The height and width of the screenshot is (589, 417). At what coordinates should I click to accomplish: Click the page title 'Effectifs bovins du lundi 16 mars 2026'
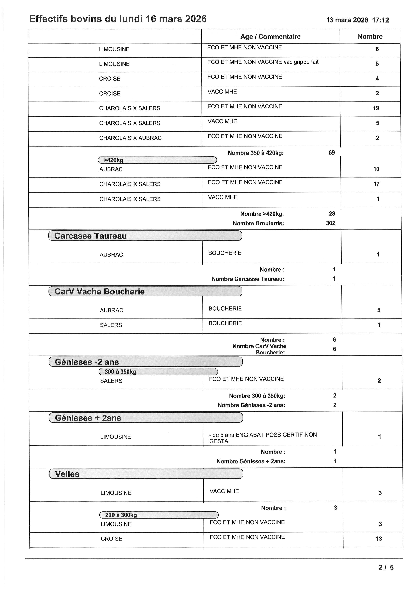(x=118, y=19)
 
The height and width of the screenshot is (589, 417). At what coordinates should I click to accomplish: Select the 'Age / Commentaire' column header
(x=270, y=37)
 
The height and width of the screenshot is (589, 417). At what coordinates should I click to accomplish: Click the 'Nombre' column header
(x=370, y=37)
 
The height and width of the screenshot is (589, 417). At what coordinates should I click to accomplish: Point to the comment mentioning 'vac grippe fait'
(x=263, y=62)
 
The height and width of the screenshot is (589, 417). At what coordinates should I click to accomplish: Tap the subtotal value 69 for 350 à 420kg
(x=331, y=153)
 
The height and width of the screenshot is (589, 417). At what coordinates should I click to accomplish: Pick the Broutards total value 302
(x=330, y=223)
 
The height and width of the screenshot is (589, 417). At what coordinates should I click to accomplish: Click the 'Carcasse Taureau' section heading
(x=91, y=236)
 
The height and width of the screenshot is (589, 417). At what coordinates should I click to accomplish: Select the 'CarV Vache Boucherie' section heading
(x=100, y=292)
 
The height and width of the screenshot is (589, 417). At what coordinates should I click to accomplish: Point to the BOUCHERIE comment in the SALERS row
(x=225, y=323)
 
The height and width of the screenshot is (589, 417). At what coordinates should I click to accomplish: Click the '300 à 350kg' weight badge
(x=120, y=372)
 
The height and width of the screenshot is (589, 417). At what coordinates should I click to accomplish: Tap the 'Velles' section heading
(x=67, y=474)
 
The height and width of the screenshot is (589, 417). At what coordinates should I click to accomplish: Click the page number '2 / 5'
(x=386, y=568)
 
